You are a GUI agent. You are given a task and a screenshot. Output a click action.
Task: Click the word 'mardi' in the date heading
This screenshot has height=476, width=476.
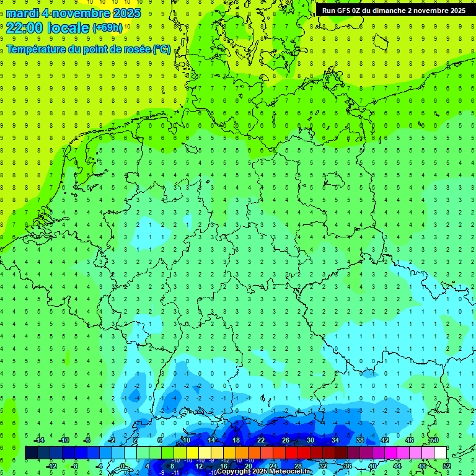(22, 13)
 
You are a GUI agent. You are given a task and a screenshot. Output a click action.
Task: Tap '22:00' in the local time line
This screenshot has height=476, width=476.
(24, 28)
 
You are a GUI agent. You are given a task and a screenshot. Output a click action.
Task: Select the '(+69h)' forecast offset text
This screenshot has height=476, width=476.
(107, 28)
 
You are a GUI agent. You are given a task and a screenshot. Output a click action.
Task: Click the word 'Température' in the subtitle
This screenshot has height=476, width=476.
(37, 49)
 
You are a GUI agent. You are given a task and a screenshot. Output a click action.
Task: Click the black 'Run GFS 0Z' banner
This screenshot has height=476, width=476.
(394, 11)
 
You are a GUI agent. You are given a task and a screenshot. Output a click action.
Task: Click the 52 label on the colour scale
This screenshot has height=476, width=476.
(447, 465)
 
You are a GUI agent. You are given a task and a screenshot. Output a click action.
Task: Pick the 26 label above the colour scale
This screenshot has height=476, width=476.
(286, 440)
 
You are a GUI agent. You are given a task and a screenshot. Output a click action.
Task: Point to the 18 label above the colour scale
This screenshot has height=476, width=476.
(236, 440)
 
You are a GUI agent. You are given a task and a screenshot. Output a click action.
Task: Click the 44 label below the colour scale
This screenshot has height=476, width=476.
(397, 465)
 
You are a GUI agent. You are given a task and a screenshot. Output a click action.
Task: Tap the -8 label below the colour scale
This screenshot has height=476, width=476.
(75, 465)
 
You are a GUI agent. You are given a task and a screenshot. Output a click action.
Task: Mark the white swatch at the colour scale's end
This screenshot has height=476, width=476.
(440, 452)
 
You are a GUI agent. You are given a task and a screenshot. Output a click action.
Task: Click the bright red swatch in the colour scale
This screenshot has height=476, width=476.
(291, 452)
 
